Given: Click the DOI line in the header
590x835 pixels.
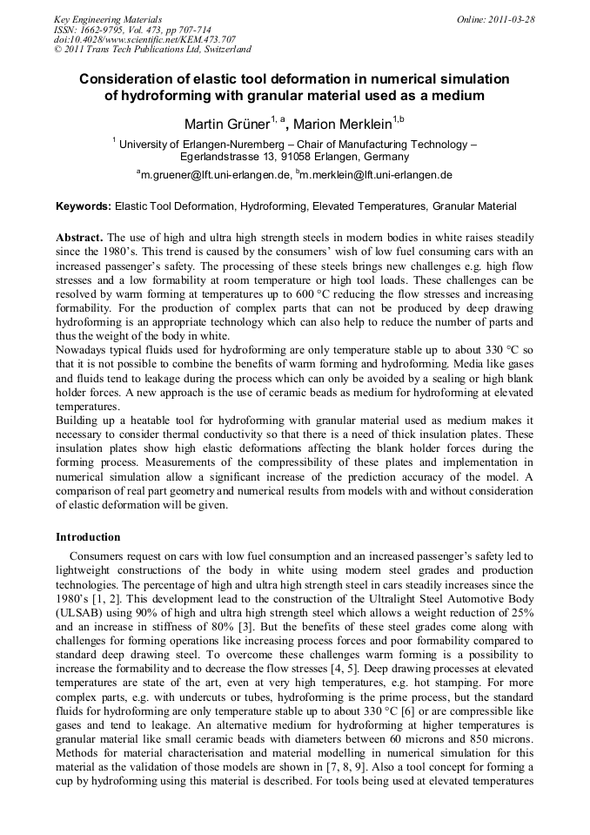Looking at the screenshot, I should click(x=144, y=39).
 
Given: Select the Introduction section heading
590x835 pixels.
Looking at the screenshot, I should click(x=88, y=537).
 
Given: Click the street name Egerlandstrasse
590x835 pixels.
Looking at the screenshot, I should click(x=221, y=157).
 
